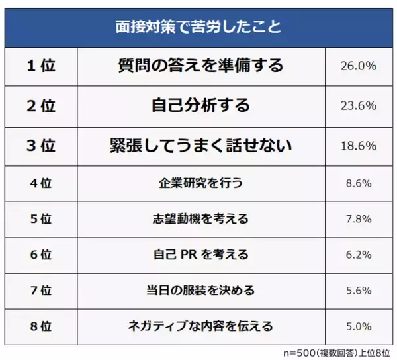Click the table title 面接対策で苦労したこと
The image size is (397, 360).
click(x=198, y=28)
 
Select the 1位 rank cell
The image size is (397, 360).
click(x=41, y=66)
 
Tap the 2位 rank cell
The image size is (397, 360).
click(x=41, y=106)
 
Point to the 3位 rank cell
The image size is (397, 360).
click(x=41, y=146)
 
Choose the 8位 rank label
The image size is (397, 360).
click(x=41, y=326)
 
